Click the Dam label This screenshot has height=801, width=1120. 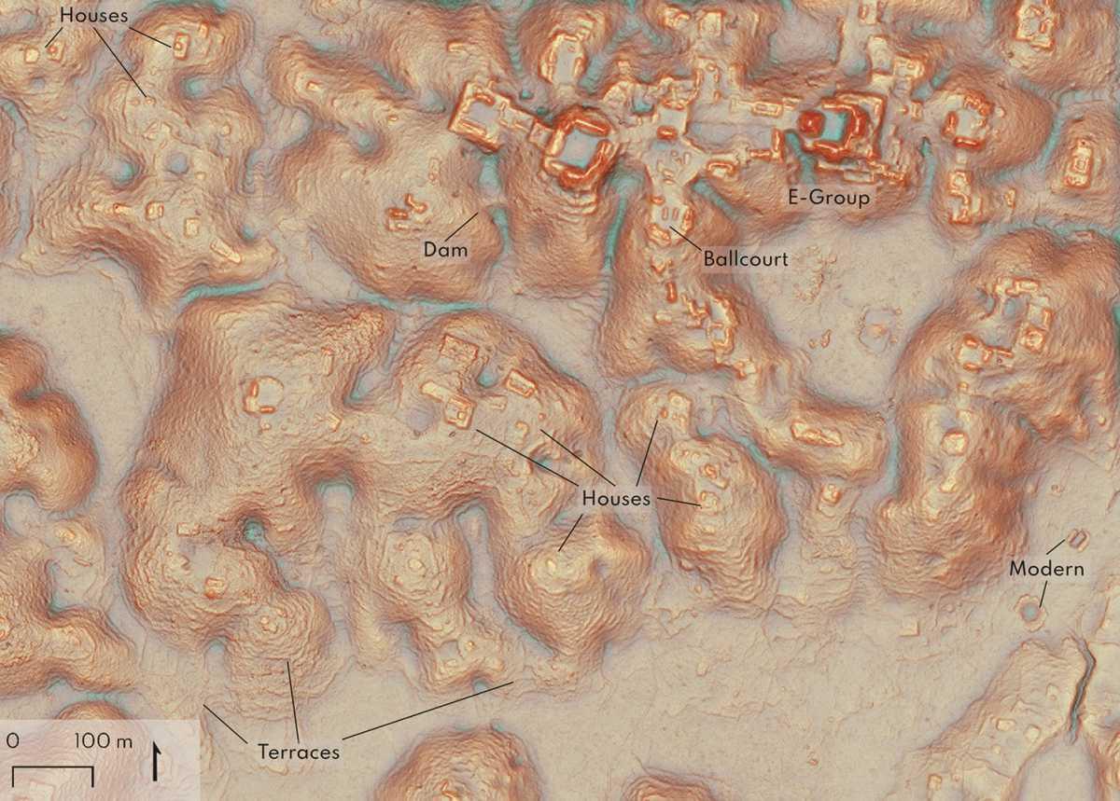(x=444, y=250)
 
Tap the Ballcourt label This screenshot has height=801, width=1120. (x=746, y=259)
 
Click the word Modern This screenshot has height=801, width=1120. (x=1047, y=569)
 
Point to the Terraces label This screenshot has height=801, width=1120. (x=299, y=752)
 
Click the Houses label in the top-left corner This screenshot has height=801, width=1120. (x=93, y=16)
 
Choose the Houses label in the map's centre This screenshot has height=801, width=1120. (x=615, y=498)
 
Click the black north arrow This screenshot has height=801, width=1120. (x=154, y=761)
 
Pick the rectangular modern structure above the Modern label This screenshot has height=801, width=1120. (x=1080, y=538)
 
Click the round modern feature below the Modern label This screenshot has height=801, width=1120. (x=1031, y=614)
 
